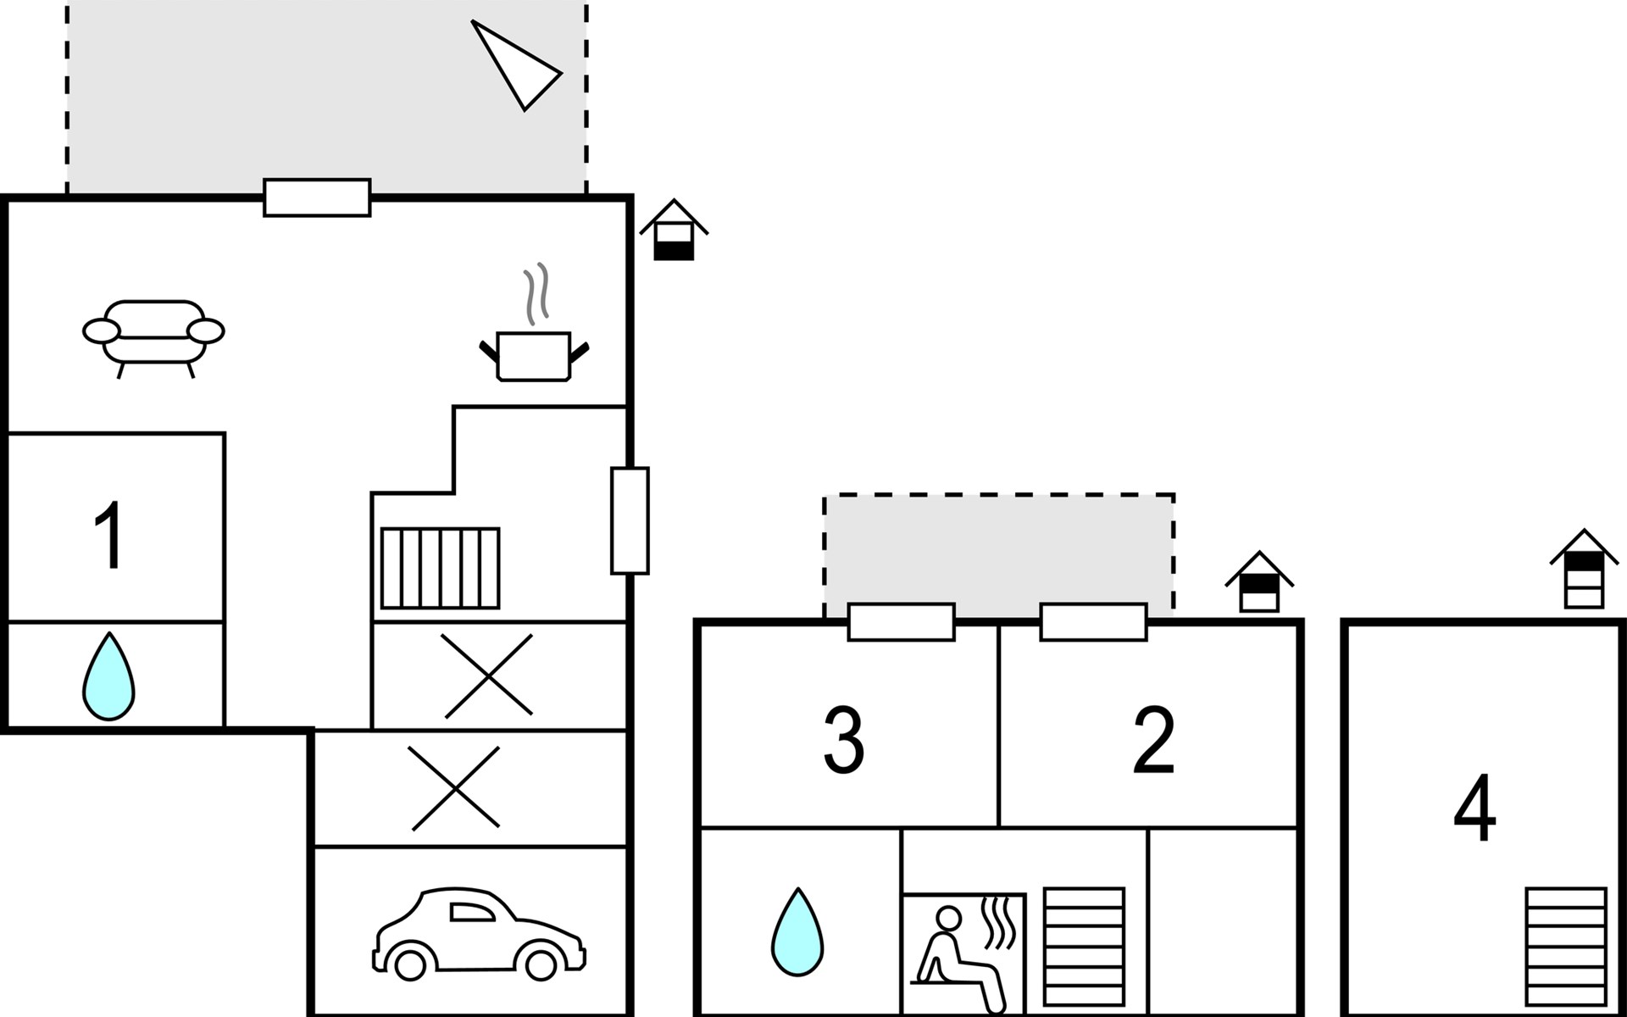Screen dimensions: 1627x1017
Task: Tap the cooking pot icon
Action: coord(534,357)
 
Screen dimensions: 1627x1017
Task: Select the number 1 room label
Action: coord(110,536)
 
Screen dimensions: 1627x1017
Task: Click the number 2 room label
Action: coord(1153,740)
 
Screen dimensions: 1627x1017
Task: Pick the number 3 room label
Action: coord(843,740)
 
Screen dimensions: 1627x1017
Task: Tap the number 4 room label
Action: coord(1474,808)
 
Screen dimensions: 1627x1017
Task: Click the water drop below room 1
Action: coord(108,676)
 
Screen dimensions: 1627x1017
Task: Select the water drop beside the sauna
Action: coord(797,931)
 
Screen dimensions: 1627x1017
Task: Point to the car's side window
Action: coord(471,912)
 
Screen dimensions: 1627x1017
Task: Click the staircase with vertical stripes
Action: coord(440,568)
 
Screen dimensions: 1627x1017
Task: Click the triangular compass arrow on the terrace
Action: coord(515,65)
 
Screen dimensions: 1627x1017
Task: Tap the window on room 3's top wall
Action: coord(902,622)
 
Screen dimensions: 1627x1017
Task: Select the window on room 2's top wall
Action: coord(1093,622)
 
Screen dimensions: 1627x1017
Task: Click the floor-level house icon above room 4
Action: coord(1584,569)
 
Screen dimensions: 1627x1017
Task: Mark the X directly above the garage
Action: coord(455,787)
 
